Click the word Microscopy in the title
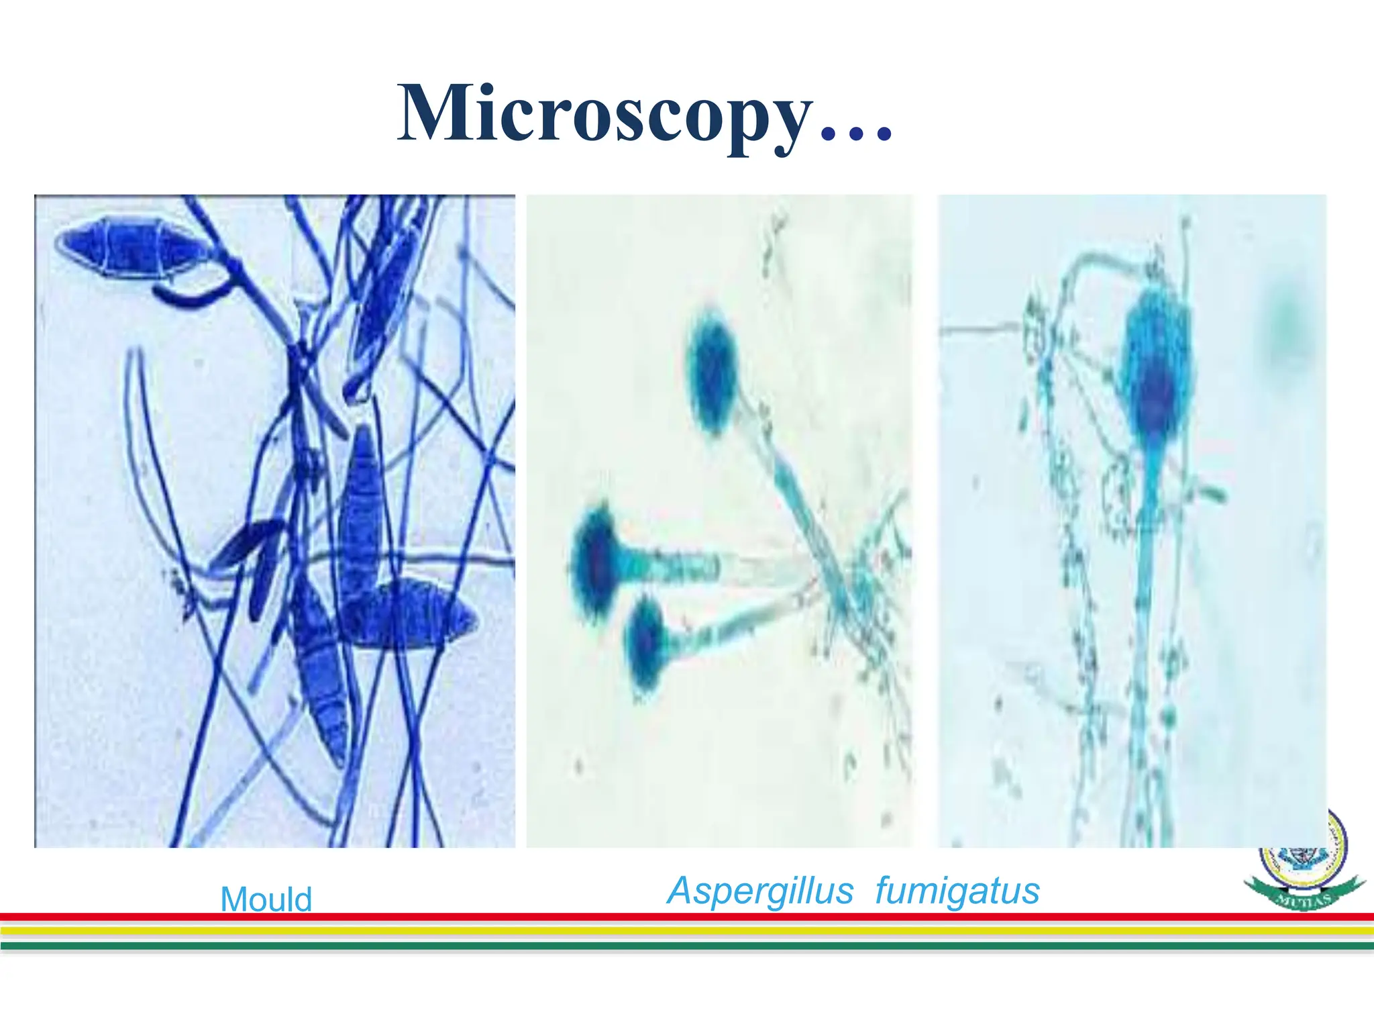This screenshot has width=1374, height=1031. pos(604,114)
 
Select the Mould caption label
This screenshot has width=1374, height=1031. pos(266,899)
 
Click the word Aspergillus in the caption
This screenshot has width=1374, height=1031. pos(760,891)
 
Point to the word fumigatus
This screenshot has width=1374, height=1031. pos(957,891)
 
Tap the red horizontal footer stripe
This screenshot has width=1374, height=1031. pos(687,917)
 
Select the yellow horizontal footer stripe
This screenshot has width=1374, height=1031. pos(687,931)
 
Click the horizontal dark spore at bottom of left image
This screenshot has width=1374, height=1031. pos(409,614)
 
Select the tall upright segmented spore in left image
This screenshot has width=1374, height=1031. pos(361,510)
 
